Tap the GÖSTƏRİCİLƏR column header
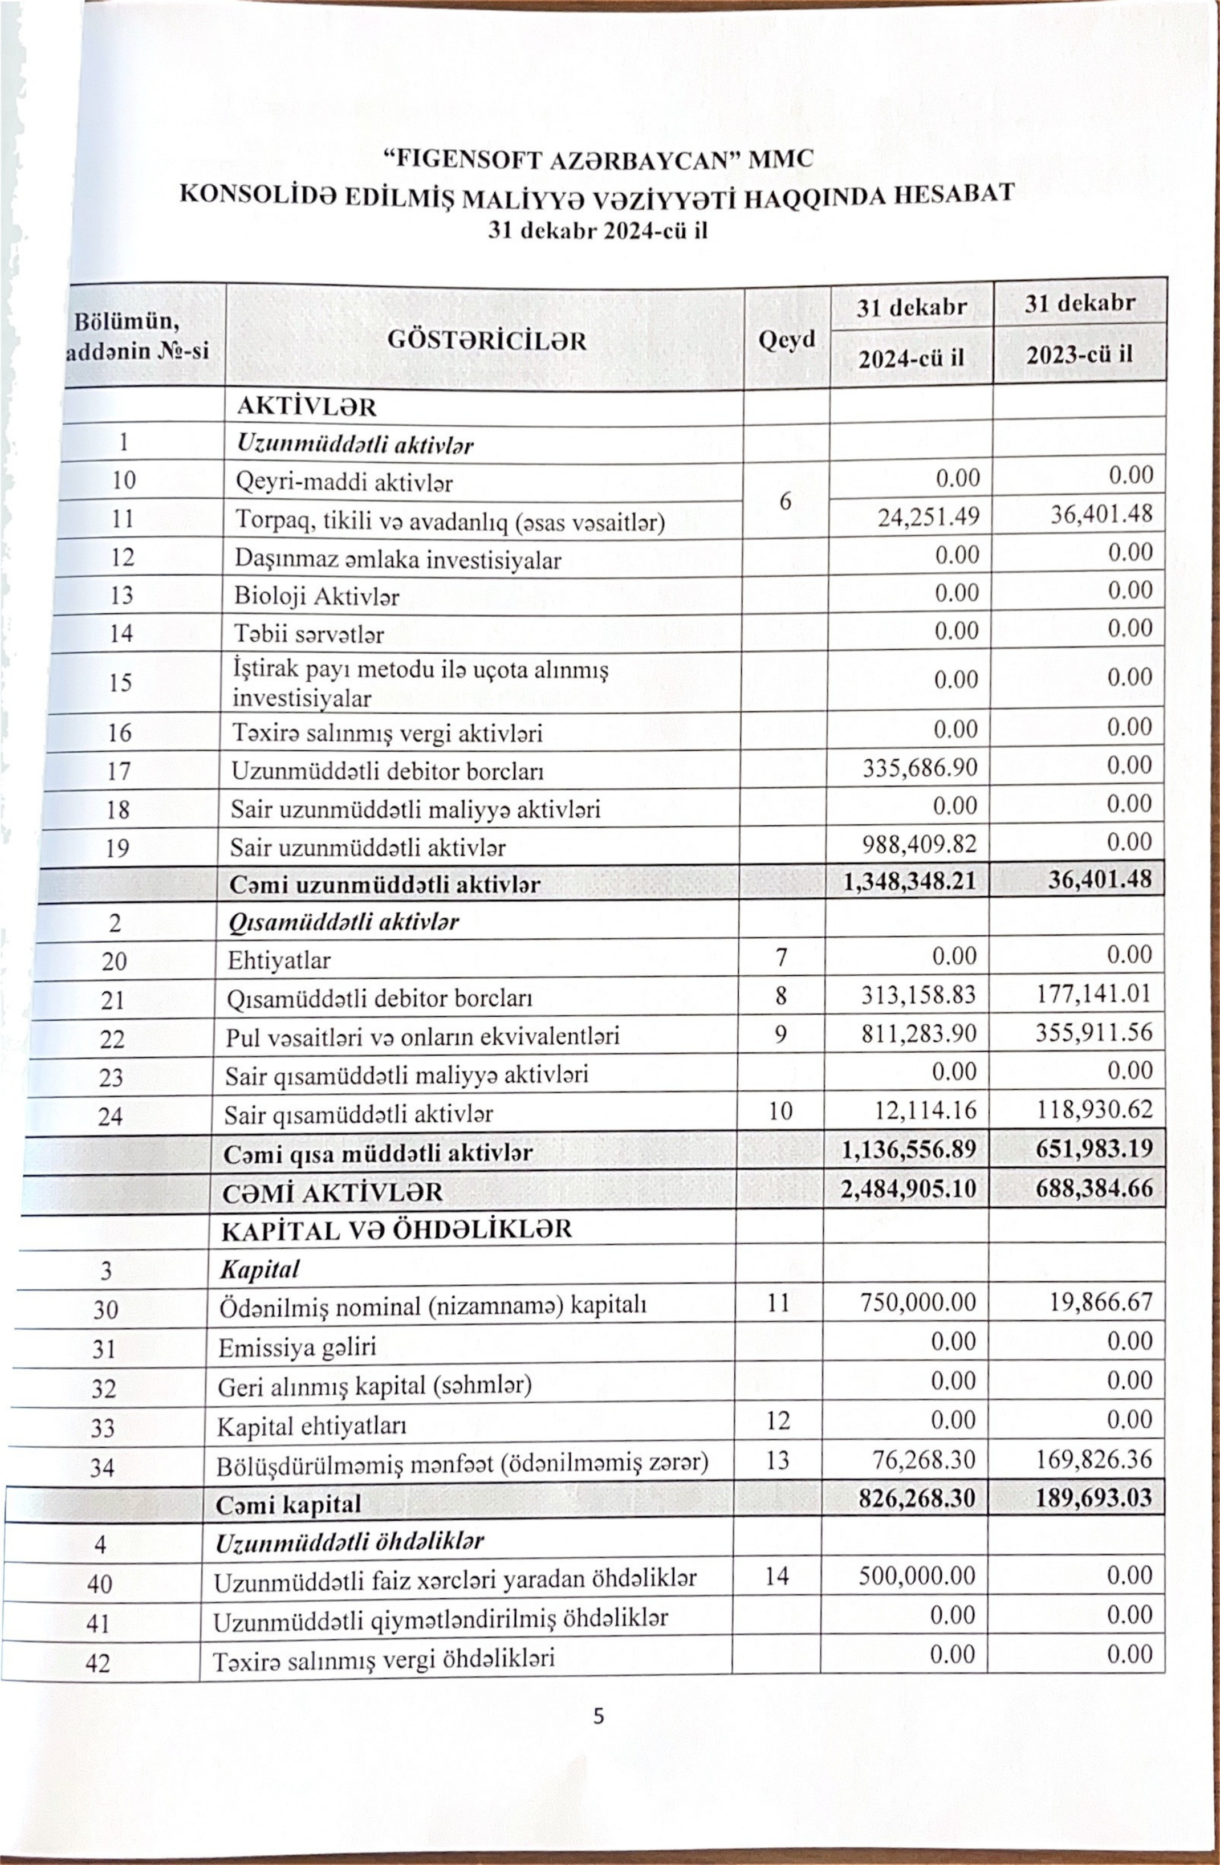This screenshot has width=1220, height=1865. (487, 341)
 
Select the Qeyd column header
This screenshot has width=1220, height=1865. (786, 339)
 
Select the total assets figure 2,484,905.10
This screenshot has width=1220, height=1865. (908, 1189)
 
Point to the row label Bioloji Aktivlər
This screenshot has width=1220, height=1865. (316, 597)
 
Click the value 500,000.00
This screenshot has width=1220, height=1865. (917, 1576)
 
